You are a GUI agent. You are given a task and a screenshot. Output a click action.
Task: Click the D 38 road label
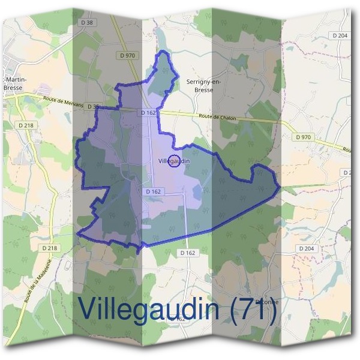pos(87,22)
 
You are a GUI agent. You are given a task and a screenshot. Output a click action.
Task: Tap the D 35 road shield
pos(93,107)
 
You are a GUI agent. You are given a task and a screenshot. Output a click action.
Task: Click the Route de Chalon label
pos(218,117)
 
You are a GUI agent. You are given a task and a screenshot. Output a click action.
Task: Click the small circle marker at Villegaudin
pos(174,161)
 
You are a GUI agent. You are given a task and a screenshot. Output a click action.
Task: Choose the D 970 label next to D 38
pos(126,55)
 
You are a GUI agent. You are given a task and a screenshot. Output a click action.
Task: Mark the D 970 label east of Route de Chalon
pos(304,137)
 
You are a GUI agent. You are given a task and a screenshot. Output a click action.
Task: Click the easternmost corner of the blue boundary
pos(280,189)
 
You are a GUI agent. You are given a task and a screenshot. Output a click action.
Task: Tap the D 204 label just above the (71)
pos(305,248)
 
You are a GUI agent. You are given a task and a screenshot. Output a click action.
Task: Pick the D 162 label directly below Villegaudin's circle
pos(154,191)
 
